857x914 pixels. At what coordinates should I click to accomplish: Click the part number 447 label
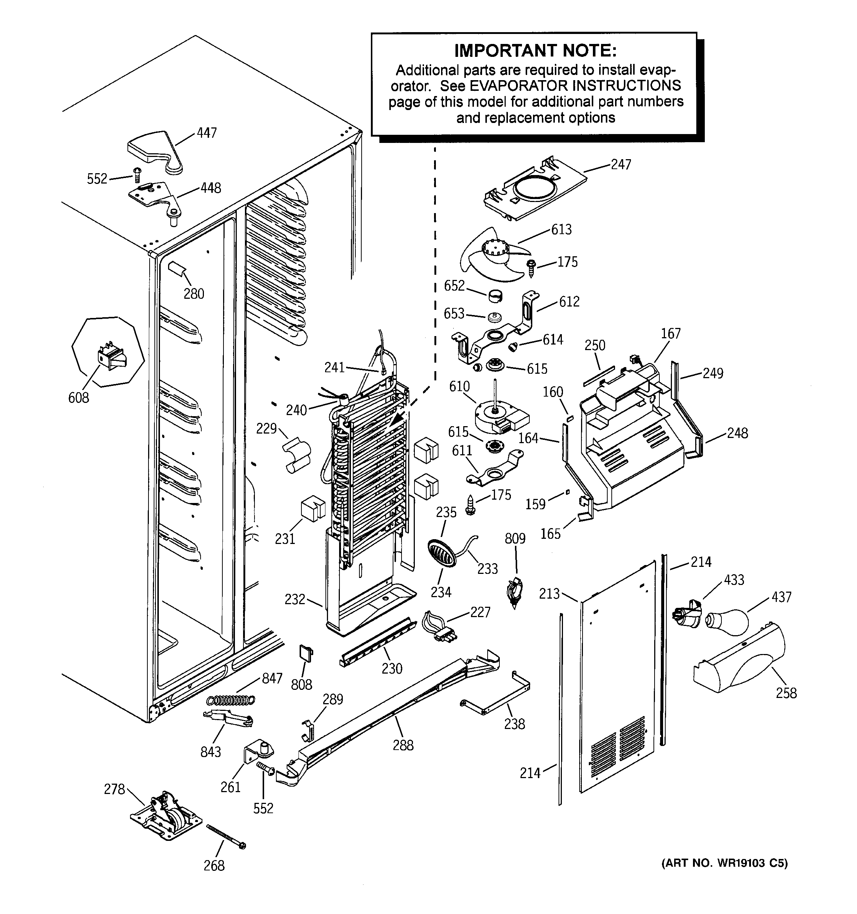pos(206,133)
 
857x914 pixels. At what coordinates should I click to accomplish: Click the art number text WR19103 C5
pos(724,863)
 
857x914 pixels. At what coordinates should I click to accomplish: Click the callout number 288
pos(403,745)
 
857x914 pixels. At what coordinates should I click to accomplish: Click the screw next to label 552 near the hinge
pos(137,175)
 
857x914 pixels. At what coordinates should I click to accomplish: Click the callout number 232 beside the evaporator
pos(295,599)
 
